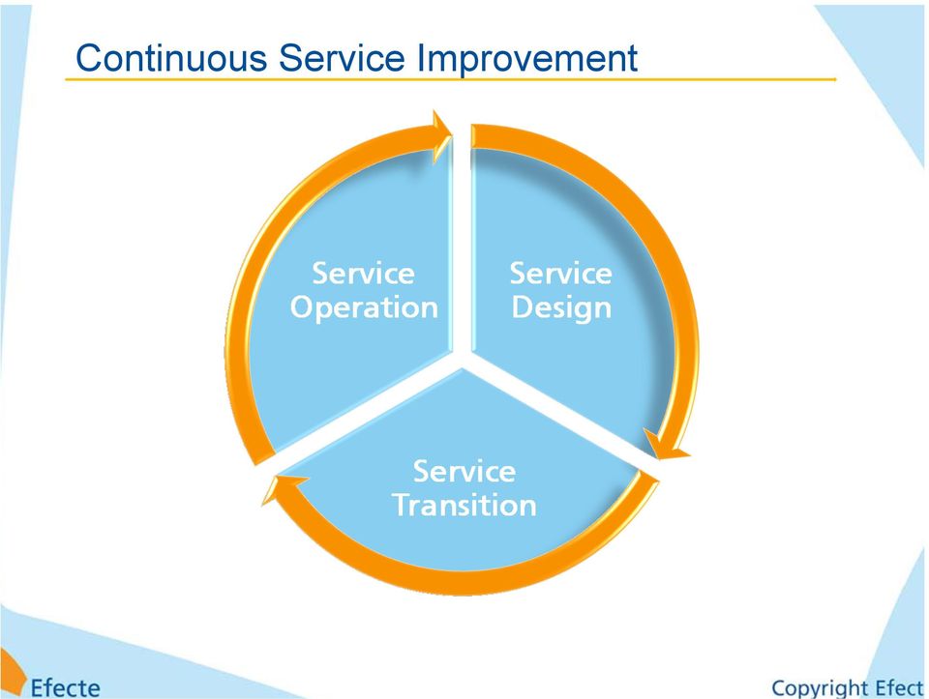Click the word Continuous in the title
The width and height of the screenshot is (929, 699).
tap(171, 58)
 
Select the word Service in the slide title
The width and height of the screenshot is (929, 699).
tap(342, 58)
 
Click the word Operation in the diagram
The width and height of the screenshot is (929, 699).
tap(364, 308)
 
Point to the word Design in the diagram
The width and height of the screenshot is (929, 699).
tap(561, 308)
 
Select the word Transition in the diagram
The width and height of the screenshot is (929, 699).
tap(464, 506)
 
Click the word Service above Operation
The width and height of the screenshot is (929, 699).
tap(363, 274)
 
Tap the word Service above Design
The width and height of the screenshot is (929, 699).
tap(560, 274)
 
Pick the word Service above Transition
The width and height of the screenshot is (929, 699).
tap(464, 472)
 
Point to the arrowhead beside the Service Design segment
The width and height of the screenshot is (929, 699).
tap(666, 446)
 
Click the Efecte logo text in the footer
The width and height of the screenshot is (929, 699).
tap(65, 688)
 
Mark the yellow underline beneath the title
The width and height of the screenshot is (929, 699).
tap(450, 79)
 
